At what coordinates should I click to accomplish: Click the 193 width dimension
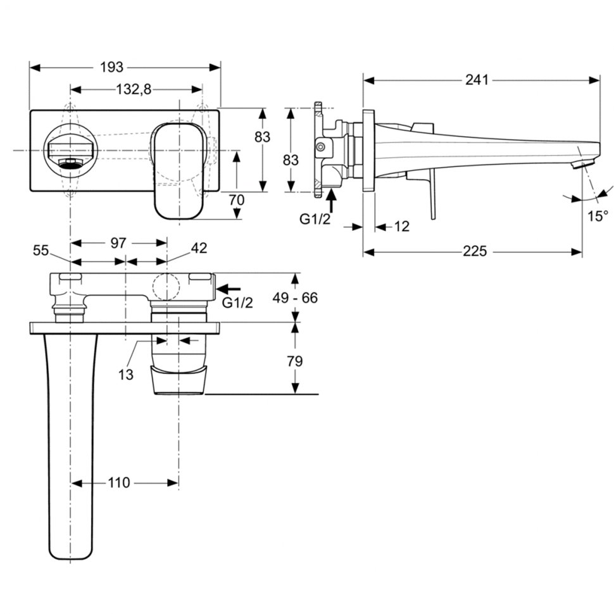coord(111,67)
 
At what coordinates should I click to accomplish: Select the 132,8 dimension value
coord(134,90)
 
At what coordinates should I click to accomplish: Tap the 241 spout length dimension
coord(477,80)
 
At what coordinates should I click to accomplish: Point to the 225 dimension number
coord(475,251)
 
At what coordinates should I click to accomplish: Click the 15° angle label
coord(598,216)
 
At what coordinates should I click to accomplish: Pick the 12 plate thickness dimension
coord(401,227)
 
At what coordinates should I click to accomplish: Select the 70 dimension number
coord(237,200)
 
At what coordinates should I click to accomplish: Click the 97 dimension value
coord(118,243)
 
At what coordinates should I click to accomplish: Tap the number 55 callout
coord(41,250)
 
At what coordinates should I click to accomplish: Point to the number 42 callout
coord(199,248)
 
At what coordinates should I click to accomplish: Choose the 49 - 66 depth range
coord(295,298)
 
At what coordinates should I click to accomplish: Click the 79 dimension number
coord(294,361)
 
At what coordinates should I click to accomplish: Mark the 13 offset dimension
coord(126,375)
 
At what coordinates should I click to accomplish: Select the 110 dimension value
coord(118,483)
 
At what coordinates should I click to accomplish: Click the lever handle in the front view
coord(179,171)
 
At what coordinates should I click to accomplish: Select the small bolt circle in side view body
coord(320,147)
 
